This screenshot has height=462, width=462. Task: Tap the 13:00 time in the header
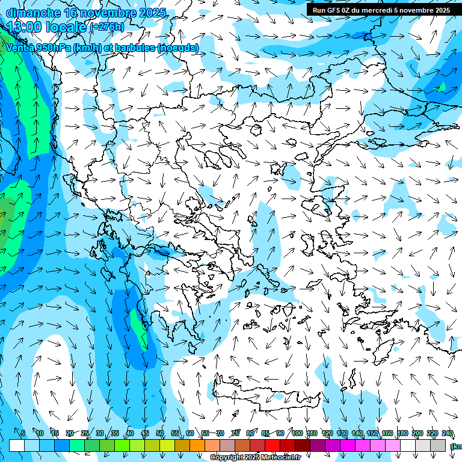[28, 26]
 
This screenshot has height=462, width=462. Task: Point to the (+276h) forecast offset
[108, 27]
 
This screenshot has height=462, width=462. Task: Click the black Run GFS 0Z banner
[381, 10]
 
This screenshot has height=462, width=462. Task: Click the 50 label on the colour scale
[160, 434]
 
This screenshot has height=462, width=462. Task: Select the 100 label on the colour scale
[297, 434]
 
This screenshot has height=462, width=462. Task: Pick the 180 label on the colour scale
[402, 434]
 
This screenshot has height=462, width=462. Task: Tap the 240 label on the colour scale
[448, 434]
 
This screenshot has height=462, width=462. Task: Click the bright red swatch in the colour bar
[273, 445]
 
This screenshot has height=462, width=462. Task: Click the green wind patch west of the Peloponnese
[139, 328]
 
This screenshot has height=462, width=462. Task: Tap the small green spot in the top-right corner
[442, 88]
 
